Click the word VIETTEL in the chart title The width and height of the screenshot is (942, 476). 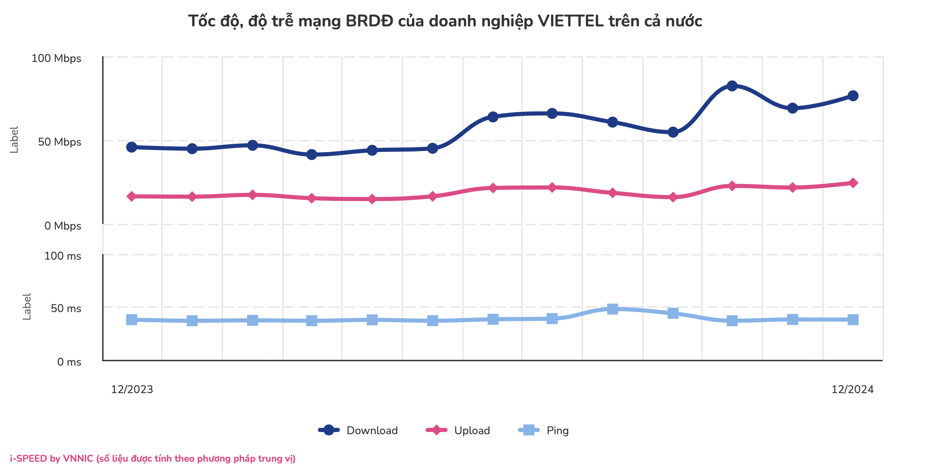pos(570,21)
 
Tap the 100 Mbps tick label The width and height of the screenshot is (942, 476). pos(56,58)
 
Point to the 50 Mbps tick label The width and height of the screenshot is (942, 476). pos(59,142)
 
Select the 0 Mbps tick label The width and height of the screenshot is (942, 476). pos(63,226)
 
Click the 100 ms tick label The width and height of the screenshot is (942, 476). pos(63,256)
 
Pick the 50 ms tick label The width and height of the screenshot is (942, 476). pos(66,308)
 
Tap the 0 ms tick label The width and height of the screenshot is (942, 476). pos(69,362)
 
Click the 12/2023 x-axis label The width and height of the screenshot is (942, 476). pos(132,389)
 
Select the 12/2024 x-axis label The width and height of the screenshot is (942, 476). pos(852,389)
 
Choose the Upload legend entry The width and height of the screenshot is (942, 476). pos(458,430)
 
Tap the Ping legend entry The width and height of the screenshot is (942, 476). pos(544,430)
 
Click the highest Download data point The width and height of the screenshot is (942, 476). pos(732,86)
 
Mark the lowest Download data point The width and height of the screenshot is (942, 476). pos(311,155)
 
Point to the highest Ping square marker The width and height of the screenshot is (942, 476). pos(612,309)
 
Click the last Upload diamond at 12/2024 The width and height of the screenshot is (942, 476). pos(853,183)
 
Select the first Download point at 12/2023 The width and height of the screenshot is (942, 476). pos(132,147)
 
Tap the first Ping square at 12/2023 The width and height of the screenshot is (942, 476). pos(132,320)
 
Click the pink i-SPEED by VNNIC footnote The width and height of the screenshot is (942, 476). pos(153,459)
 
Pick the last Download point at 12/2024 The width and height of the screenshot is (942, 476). pos(853,96)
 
